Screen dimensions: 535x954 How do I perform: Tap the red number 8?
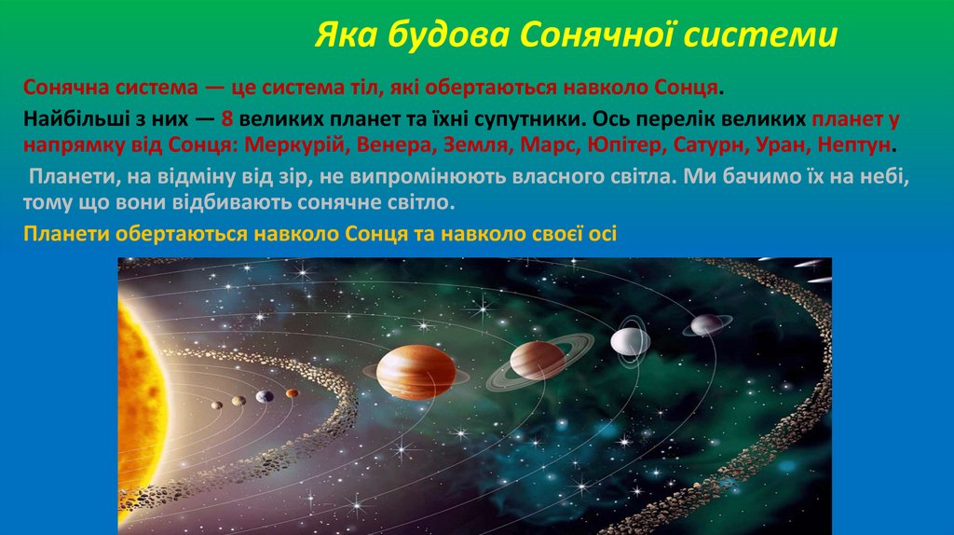(227, 121)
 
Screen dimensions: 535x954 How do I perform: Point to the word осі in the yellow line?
(601, 234)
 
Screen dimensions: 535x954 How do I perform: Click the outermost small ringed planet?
(707, 324)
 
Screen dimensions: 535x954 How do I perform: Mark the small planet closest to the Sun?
(217, 404)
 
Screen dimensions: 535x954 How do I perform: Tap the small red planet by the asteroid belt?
(293, 393)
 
